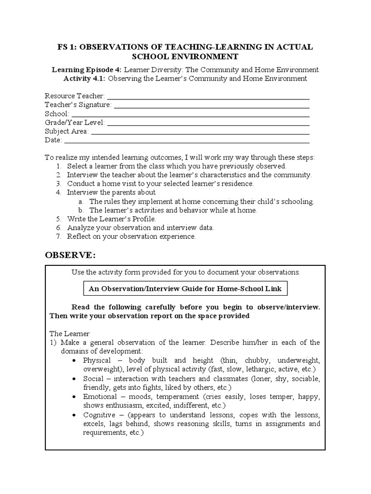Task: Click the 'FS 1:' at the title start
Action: [67, 47]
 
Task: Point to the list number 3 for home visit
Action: [58, 184]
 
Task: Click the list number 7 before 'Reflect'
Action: [58, 236]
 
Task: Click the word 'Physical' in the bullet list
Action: [97, 360]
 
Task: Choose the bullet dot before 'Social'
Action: [73, 379]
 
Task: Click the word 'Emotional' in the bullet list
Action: [100, 397]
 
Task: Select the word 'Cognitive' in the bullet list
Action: [99, 415]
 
